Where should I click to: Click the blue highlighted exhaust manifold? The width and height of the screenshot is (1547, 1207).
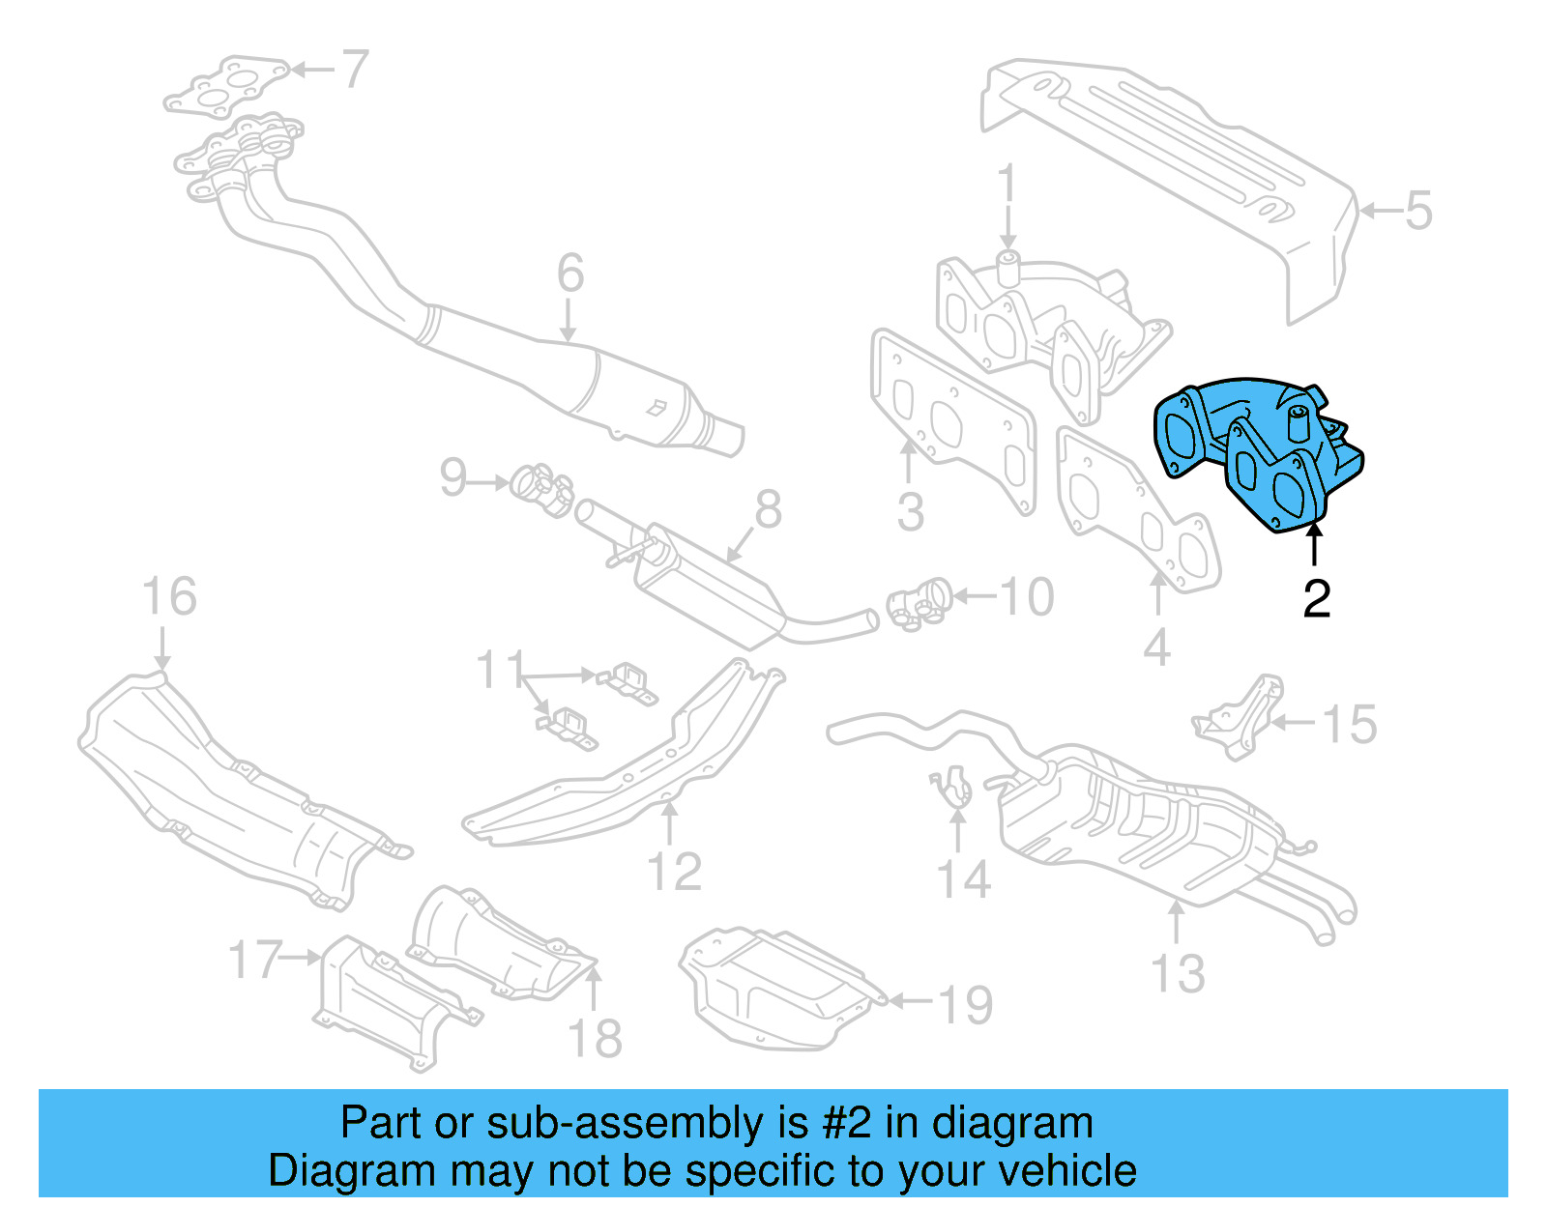point(1257,449)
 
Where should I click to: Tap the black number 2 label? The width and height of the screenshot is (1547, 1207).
point(1316,599)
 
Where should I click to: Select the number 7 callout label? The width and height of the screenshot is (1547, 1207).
point(355,70)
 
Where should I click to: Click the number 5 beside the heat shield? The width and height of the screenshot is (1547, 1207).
point(1417,211)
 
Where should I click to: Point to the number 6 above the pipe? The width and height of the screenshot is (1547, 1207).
point(569,273)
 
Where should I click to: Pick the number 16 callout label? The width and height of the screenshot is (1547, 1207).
point(169,597)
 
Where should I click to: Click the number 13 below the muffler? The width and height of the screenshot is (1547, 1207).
point(1178,974)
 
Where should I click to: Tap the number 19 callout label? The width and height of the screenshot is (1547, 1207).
point(965,1005)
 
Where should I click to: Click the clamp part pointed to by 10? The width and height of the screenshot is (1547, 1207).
point(919,604)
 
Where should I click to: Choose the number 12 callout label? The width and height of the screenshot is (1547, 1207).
point(674,872)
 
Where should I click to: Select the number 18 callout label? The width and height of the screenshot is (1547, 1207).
point(594,1039)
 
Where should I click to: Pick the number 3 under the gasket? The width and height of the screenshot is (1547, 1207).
point(910,512)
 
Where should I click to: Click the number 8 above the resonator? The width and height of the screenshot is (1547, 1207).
point(768,509)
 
